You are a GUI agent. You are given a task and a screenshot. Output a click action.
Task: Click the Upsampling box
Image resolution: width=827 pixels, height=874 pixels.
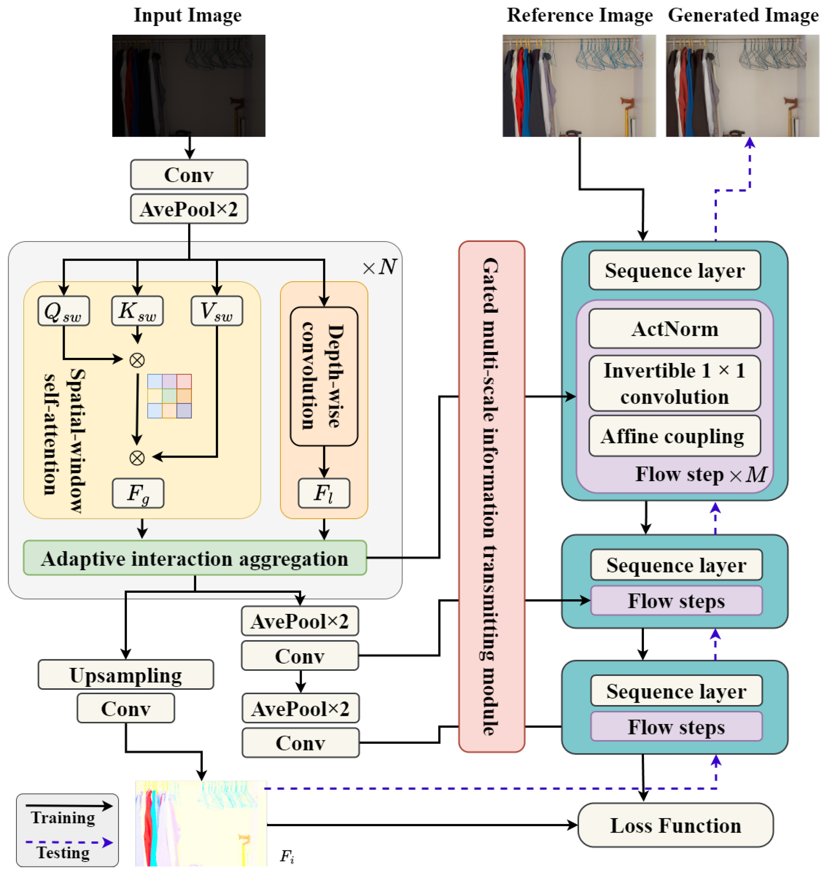click(x=125, y=674)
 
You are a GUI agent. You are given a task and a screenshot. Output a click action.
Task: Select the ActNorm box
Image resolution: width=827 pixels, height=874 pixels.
click(x=674, y=329)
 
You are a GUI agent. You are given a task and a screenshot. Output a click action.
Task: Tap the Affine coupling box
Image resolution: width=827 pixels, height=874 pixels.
click(x=674, y=436)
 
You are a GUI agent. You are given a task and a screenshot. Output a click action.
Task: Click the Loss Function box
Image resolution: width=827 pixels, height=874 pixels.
click(x=675, y=825)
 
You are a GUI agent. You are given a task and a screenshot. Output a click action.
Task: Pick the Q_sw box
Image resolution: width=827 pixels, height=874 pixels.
click(x=64, y=311)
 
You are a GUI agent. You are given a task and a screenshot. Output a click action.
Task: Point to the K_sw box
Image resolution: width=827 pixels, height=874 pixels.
click(x=137, y=311)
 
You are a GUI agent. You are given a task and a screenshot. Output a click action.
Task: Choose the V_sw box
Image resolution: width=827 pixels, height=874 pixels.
click(x=216, y=311)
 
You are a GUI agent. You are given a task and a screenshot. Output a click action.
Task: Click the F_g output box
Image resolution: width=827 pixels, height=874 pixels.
click(x=138, y=493)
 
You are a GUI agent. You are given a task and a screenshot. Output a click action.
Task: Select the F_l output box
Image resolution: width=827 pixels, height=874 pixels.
click(x=324, y=493)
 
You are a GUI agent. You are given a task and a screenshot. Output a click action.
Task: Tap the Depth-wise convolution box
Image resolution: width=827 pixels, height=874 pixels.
click(x=324, y=376)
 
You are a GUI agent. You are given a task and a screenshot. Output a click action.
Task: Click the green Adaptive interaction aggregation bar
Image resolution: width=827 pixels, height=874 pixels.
click(x=195, y=558)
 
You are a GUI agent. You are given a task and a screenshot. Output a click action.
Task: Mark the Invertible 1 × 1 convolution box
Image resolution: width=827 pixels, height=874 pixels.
click(x=674, y=383)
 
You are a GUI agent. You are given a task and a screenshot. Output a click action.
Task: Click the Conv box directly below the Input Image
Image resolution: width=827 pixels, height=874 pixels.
click(x=189, y=174)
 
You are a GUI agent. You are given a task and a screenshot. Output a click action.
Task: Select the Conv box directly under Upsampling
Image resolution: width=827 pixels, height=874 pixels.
click(x=125, y=708)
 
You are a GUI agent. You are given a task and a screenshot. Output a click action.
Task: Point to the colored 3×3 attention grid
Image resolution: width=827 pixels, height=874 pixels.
click(x=169, y=396)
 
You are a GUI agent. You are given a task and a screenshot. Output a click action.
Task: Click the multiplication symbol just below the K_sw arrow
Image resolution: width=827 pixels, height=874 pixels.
click(x=137, y=361)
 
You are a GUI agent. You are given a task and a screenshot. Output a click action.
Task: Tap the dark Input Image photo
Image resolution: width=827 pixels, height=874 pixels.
click(x=189, y=86)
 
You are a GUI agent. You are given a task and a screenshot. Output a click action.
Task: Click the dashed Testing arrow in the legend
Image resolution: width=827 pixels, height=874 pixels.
click(x=68, y=843)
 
